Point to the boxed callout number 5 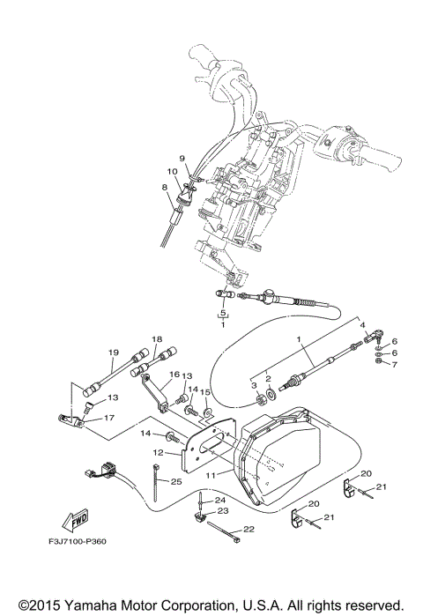(x=223, y=313)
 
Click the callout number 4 (x=362, y=324)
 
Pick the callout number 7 (x=395, y=363)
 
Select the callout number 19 (x=114, y=353)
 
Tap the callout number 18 (x=157, y=339)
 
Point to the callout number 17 (x=110, y=419)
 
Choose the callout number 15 (x=205, y=392)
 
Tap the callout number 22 (x=249, y=529)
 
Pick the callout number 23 (x=222, y=511)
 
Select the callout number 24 (x=220, y=500)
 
